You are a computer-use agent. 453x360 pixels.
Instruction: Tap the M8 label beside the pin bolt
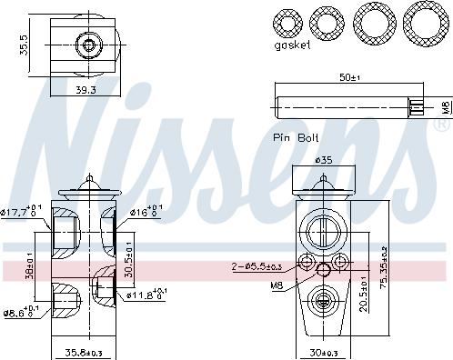click(x=445, y=107)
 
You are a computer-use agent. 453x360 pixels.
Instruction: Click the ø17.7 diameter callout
click(x=18, y=213)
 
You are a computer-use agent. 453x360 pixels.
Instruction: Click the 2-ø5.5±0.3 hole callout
click(x=264, y=265)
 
